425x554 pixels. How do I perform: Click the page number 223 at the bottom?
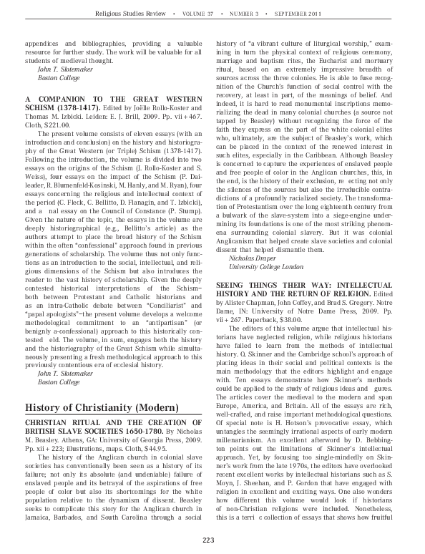tap(212, 539)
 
